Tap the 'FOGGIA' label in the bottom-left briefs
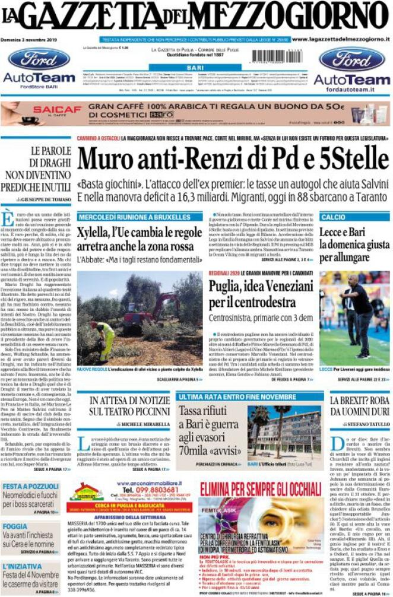click(15, 526)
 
